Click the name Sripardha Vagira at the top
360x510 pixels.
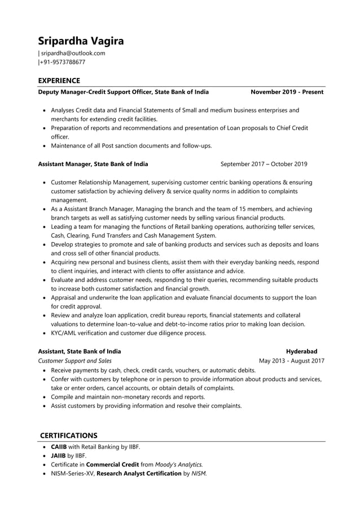point(81,41)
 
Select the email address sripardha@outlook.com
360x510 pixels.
point(73,53)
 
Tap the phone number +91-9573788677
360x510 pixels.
point(63,62)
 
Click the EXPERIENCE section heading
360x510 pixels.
point(59,81)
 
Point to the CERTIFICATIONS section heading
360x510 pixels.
point(68,435)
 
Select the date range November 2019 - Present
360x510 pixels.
point(287,91)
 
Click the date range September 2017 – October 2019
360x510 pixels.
point(264,164)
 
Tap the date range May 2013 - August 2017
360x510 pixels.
point(291,360)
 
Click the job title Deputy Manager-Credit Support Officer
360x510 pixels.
point(95,91)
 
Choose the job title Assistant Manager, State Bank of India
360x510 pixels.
point(93,164)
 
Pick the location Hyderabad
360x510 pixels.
point(301,351)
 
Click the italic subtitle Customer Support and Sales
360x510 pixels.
point(74,360)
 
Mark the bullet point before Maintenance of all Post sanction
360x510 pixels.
point(45,146)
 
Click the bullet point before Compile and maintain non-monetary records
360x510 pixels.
point(45,397)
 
